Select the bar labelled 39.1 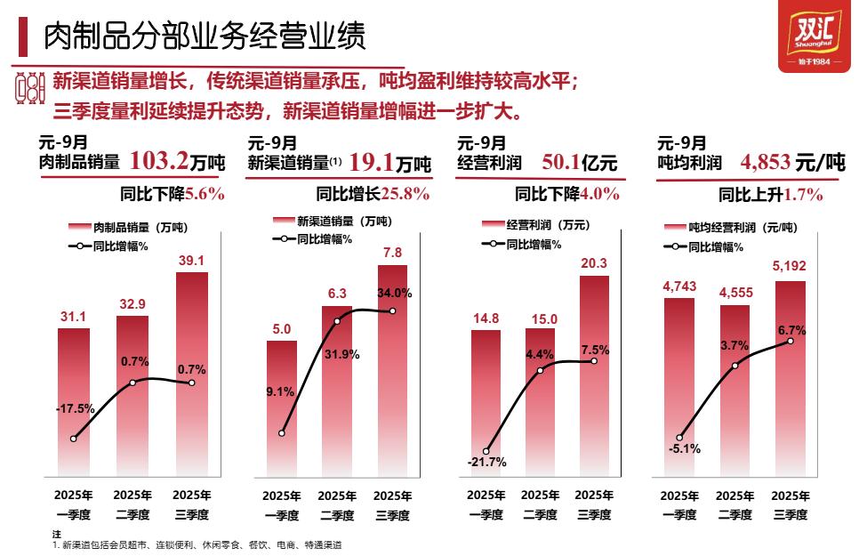[x=192, y=374]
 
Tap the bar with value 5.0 [x=282, y=409]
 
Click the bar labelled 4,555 [x=735, y=391]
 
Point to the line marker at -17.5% [x=74, y=439]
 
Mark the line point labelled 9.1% [x=282, y=433]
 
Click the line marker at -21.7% [x=487, y=451]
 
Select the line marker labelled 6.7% [x=792, y=341]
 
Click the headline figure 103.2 [x=159, y=161]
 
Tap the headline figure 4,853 [x=765, y=163]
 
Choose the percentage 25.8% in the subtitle [x=405, y=193]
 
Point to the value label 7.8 [x=392, y=252]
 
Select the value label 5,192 [x=791, y=269]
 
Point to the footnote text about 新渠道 [x=197, y=544]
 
